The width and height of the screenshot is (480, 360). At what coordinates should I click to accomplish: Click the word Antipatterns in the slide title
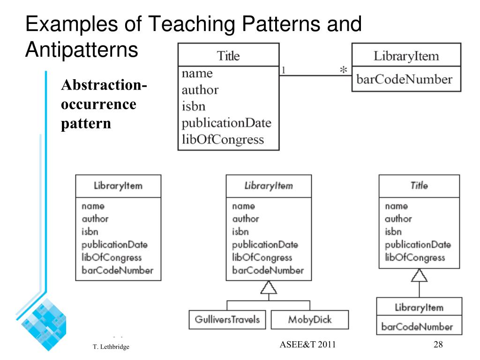[x=82, y=50]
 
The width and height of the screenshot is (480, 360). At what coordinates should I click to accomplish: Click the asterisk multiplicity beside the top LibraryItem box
[x=344, y=69]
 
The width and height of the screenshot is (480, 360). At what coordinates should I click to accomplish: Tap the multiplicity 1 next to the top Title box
[x=284, y=70]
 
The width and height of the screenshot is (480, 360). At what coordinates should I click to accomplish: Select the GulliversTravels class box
[x=227, y=320]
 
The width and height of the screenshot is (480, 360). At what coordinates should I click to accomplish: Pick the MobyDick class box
[x=310, y=320]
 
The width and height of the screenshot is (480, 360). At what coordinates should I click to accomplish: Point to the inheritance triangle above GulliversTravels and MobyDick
[x=269, y=287]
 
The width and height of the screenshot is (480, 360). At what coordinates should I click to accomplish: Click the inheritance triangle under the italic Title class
[x=420, y=275]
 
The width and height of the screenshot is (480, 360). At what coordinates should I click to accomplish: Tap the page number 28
[x=438, y=345]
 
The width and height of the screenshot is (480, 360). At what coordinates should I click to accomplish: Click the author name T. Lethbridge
[x=111, y=346]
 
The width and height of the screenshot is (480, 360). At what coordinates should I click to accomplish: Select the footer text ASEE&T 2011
[x=307, y=345]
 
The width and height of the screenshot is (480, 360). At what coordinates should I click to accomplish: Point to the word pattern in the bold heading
[x=86, y=124]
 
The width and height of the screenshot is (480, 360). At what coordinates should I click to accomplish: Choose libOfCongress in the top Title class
[x=223, y=140]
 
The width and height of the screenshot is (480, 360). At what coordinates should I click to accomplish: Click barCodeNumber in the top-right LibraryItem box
[x=405, y=79]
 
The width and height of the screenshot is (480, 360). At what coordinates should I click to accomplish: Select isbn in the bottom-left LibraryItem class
[x=90, y=232]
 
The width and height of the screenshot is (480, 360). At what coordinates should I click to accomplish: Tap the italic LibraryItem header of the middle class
[x=269, y=186]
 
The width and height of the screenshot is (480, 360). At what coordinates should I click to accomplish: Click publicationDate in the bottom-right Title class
[x=418, y=245]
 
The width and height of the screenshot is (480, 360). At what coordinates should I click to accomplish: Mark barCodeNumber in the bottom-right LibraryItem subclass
[x=417, y=327]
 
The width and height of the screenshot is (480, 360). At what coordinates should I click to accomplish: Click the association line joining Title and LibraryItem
[x=315, y=75]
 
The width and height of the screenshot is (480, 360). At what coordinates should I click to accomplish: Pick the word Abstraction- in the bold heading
[x=104, y=85]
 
